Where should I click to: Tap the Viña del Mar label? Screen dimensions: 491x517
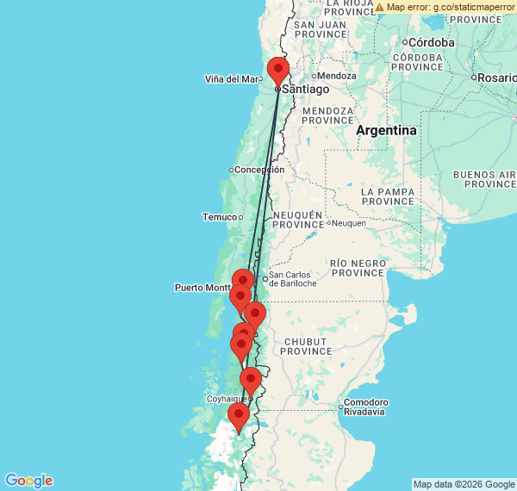231,79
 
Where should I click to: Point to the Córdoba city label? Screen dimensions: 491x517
432,42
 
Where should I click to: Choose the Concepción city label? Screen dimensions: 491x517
259,170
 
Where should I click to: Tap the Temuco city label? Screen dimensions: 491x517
219,217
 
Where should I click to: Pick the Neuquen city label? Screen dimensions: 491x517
349,223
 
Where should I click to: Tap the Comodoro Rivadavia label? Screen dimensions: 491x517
365,407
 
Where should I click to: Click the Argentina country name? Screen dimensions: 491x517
387,130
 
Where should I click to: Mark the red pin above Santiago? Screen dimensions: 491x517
278,69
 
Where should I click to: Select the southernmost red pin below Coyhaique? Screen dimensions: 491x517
237,418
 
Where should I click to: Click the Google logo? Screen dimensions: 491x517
28,481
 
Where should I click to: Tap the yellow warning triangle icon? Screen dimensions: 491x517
379,7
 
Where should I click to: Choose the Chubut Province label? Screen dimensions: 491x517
306,346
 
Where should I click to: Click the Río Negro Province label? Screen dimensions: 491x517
357,267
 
